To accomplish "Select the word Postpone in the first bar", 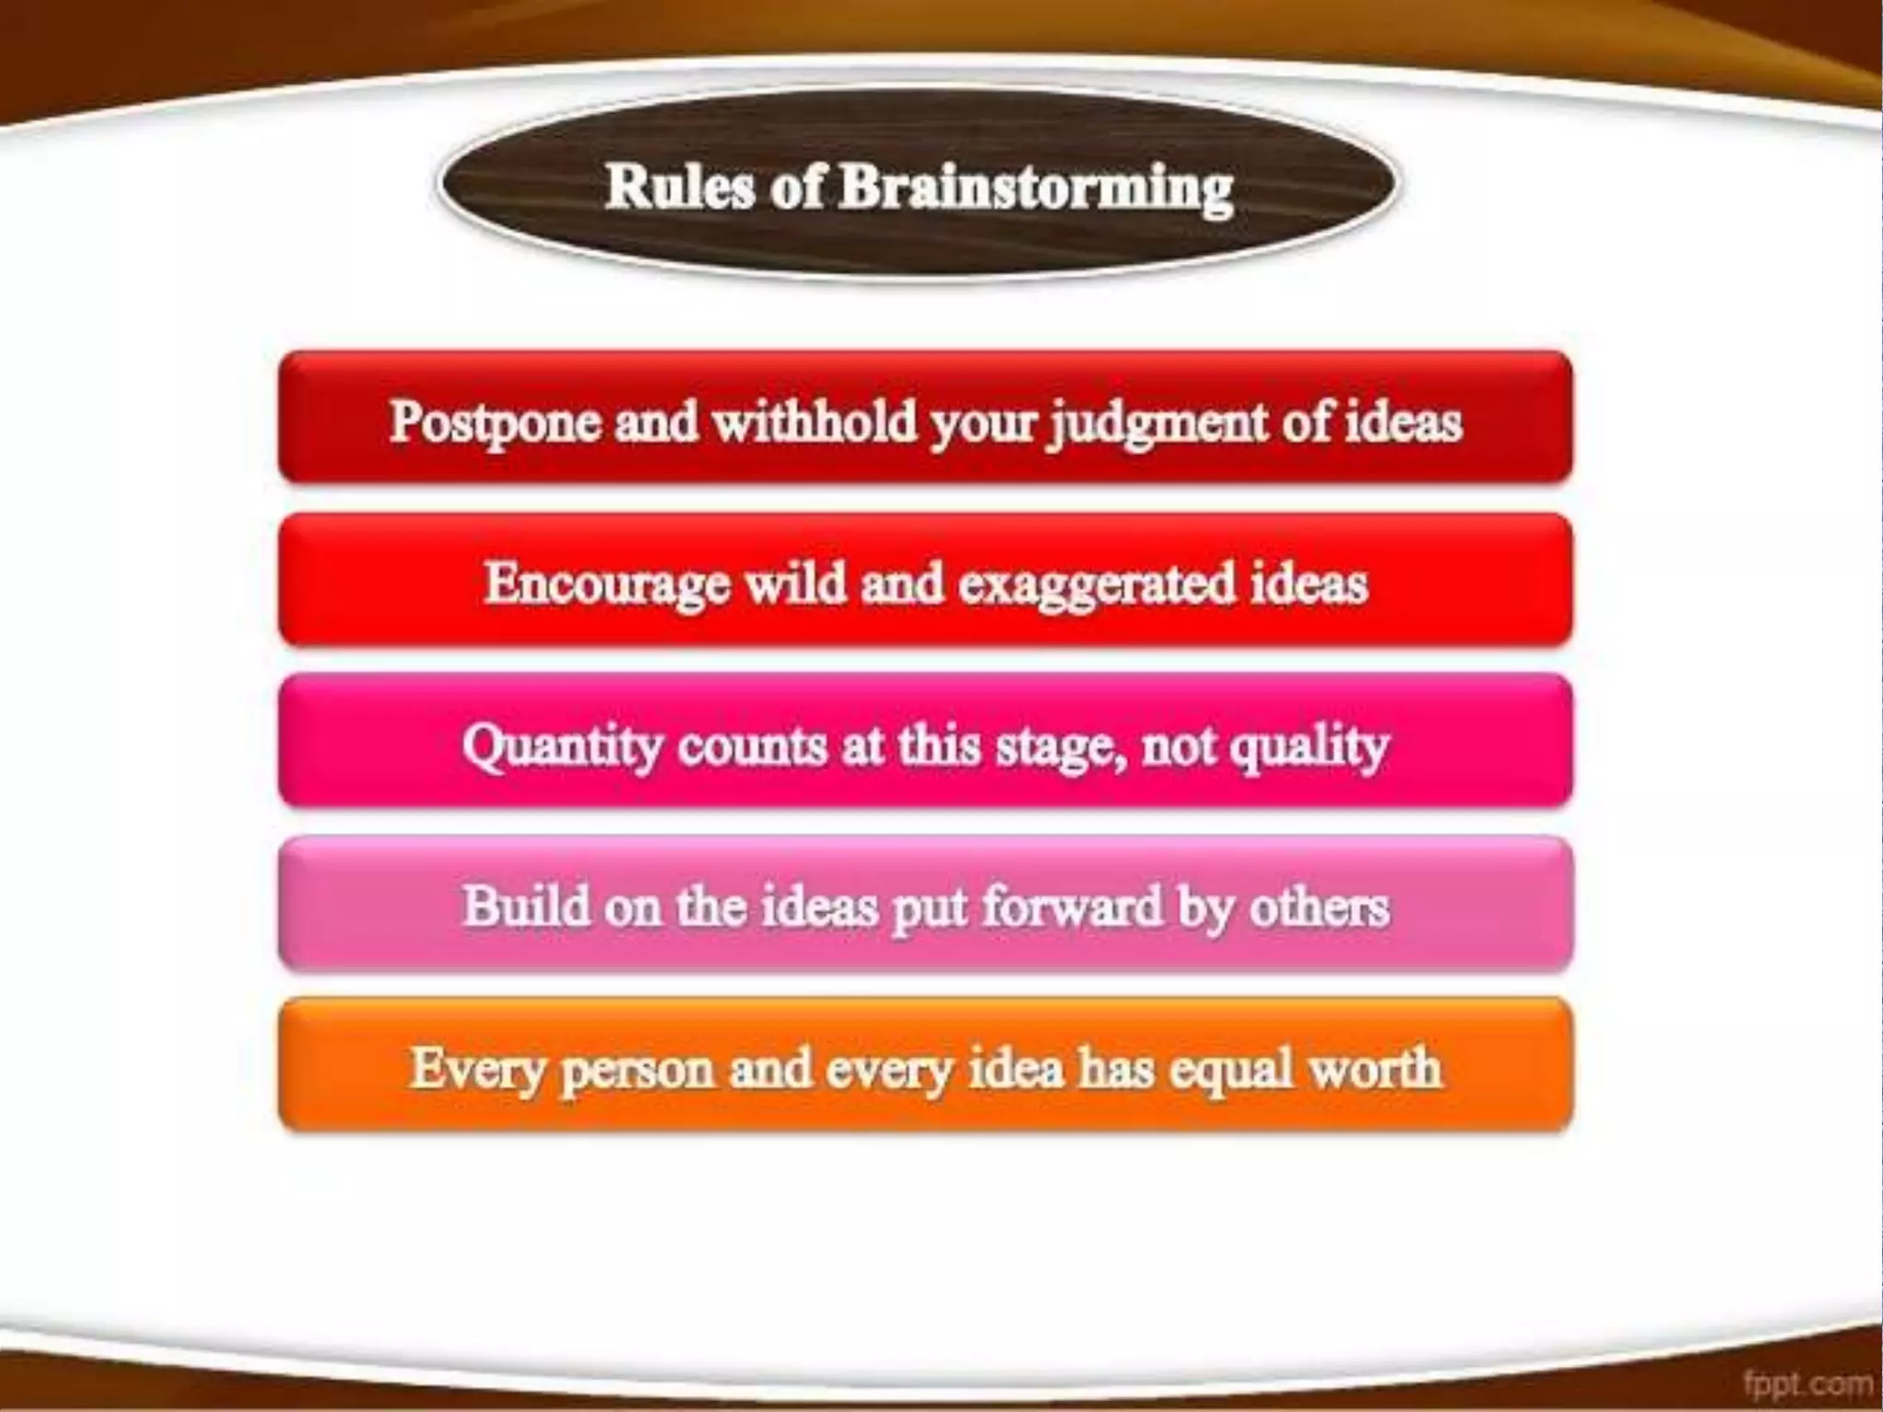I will pos(493,423).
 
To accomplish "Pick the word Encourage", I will pos(606,585).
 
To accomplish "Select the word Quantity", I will pos(561,746).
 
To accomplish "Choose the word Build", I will pos(526,906).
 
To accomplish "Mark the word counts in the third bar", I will pos(753,746).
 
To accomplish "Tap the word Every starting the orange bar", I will pos(477,1070).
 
